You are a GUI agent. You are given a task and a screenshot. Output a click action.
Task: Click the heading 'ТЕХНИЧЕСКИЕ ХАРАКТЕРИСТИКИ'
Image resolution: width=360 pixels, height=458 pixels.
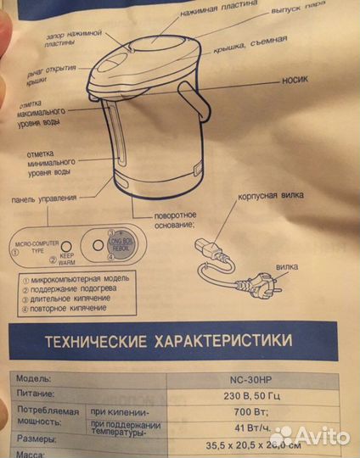pos(163,343)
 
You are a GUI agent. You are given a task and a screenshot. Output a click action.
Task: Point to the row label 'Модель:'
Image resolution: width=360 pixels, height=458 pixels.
pos(33,378)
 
